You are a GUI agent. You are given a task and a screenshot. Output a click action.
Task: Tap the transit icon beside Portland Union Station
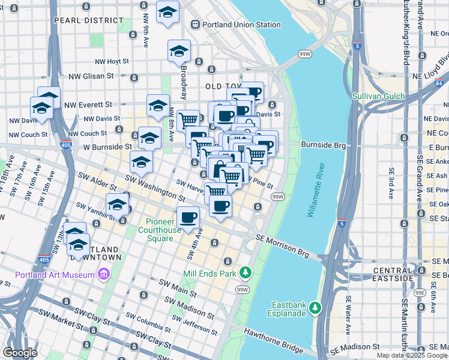(196, 25)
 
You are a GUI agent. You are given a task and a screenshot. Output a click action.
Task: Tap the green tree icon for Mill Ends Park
(245, 273)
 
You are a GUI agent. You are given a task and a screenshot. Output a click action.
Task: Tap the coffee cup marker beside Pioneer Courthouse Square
(188, 217)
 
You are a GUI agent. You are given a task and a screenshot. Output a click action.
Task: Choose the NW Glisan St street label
(91, 76)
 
